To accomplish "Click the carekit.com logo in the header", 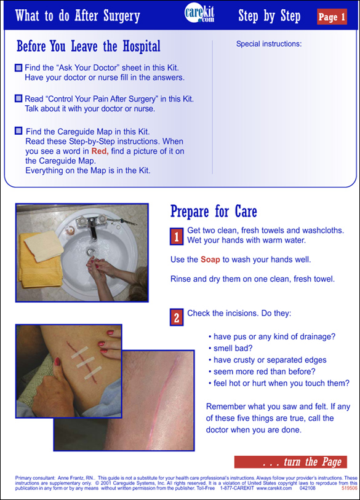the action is [199, 14].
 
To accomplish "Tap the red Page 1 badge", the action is [332, 17].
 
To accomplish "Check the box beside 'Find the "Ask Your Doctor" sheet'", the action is [18, 68].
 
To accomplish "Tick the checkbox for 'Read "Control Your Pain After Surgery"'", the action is [18, 98].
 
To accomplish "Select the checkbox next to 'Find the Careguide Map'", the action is [18, 131].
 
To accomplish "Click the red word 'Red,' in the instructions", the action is [100, 151].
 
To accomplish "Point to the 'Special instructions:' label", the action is [269, 44].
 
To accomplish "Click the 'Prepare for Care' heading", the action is [214, 212].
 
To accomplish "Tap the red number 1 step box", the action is [177, 236].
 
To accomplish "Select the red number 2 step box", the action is [177, 317].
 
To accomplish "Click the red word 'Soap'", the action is [210, 260].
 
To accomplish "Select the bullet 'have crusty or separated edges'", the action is [270, 360].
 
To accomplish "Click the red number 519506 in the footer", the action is [350, 488].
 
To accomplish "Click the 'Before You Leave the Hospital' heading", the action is [89, 46].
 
